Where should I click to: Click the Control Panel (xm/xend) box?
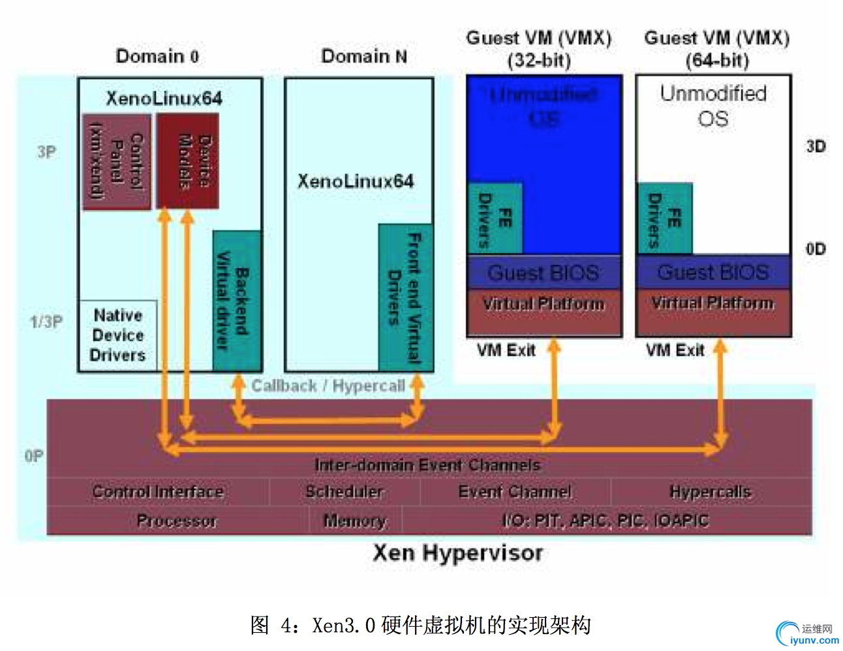[x=117, y=162]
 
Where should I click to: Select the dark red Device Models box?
[x=187, y=161]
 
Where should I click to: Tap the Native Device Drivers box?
[x=118, y=335]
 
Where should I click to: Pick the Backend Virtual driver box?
[x=236, y=301]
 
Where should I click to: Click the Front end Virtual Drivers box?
[x=405, y=297]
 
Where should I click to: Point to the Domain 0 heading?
[x=157, y=57]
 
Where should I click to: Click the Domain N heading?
[x=364, y=57]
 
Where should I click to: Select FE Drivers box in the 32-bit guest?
[x=495, y=219]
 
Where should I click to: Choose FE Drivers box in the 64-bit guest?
[x=664, y=219]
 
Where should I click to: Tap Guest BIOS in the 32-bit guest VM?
[x=544, y=273]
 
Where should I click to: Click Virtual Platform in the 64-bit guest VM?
[x=713, y=303]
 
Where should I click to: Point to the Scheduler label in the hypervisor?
[x=344, y=491]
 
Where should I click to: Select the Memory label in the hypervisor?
[x=354, y=521]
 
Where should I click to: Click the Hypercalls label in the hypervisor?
[x=710, y=491]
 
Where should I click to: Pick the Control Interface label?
[x=158, y=491]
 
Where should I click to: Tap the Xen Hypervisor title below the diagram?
[x=457, y=553]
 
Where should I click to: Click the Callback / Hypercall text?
[x=328, y=386]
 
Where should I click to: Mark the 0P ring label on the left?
[x=34, y=456]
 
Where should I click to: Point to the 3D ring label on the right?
[x=816, y=146]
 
